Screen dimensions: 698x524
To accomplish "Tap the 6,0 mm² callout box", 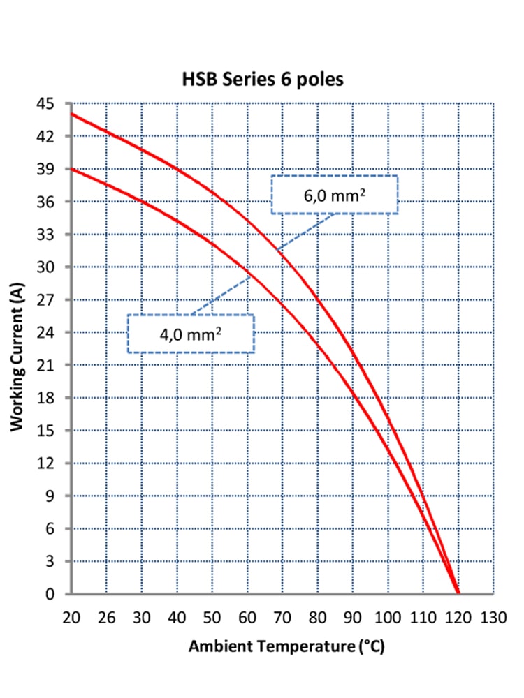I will (334, 194).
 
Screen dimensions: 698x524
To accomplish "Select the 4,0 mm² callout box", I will (190, 333).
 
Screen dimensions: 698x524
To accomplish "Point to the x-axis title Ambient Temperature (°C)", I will (286, 646).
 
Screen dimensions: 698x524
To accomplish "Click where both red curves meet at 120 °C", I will (458, 593).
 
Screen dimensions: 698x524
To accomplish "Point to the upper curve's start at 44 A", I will (72, 114).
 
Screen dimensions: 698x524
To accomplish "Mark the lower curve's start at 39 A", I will (72, 169).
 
